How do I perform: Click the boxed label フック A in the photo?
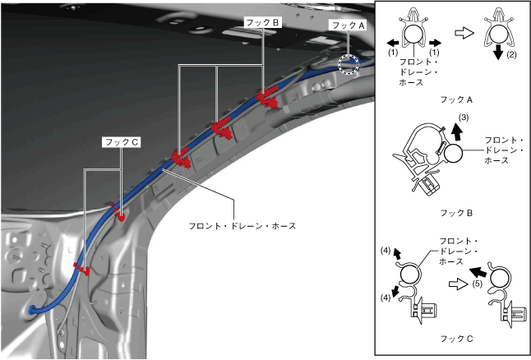click(x=346, y=25)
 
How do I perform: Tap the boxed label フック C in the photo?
click(x=122, y=141)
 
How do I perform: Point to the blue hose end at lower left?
click(x=31, y=311)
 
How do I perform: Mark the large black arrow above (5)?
click(x=477, y=270)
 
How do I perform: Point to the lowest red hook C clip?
click(x=81, y=268)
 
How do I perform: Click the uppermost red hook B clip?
click(x=266, y=99)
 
